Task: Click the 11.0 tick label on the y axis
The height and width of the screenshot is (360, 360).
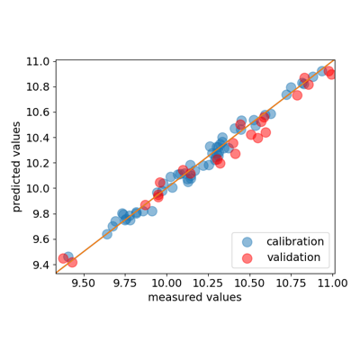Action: pyautogui.click(x=38, y=62)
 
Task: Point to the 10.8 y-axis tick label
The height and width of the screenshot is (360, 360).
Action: pyautogui.click(x=38, y=87)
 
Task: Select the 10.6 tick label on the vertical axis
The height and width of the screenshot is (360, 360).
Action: pyautogui.click(x=38, y=112)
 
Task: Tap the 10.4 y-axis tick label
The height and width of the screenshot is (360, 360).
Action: pyautogui.click(x=38, y=138)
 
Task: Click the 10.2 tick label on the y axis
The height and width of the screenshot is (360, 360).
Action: pyautogui.click(x=38, y=163)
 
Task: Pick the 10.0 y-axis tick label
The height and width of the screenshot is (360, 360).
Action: pyautogui.click(x=38, y=189)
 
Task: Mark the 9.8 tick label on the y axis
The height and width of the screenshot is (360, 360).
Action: pyautogui.click(x=40, y=214)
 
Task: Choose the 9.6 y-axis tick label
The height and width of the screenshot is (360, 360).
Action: pyautogui.click(x=40, y=239)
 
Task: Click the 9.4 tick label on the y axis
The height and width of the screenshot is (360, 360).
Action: pyautogui.click(x=40, y=265)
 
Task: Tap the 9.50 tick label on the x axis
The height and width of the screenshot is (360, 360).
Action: pyautogui.click(x=84, y=283)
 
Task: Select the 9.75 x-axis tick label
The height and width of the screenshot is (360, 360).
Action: pyautogui.click(x=125, y=283)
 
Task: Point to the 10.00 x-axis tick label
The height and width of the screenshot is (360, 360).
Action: pyautogui.click(x=166, y=283)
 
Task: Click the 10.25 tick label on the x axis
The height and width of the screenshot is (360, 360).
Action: pyautogui.click(x=208, y=283)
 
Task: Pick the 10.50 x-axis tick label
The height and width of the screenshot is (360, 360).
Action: pyautogui.click(x=249, y=283)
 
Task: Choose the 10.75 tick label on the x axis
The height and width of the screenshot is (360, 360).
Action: pyautogui.click(x=291, y=283)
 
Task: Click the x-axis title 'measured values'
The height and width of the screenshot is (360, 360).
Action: pyautogui.click(x=194, y=297)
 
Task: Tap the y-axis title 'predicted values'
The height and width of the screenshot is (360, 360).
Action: pyautogui.click(x=17, y=166)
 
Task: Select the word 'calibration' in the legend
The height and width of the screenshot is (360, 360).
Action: pyautogui.click(x=295, y=241)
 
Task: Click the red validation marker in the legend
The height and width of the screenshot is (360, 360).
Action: pyautogui.click(x=247, y=258)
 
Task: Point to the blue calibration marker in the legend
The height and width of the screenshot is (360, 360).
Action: pyautogui.click(x=247, y=242)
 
